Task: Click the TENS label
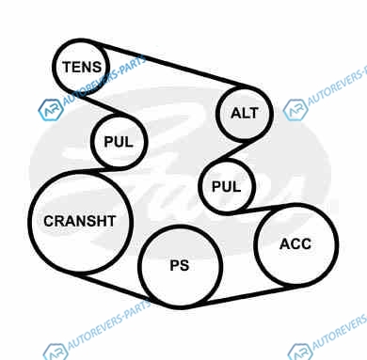click(x=82, y=67)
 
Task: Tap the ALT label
click(x=245, y=113)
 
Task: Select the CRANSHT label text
click(x=80, y=221)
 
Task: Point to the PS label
click(x=180, y=265)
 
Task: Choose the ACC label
click(x=295, y=244)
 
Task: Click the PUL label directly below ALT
click(x=226, y=187)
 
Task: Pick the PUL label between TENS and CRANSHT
click(x=119, y=142)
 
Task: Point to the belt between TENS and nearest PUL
click(x=101, y=105)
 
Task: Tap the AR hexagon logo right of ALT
click(x=295, y=110)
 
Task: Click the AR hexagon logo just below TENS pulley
click(x=50, y=110)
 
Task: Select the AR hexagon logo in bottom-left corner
click(x=56, y=352)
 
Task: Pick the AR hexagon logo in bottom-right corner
click(x=300, y=352)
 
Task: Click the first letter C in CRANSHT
click(x=49, y=221)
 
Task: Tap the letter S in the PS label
click(x=184, y=265)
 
